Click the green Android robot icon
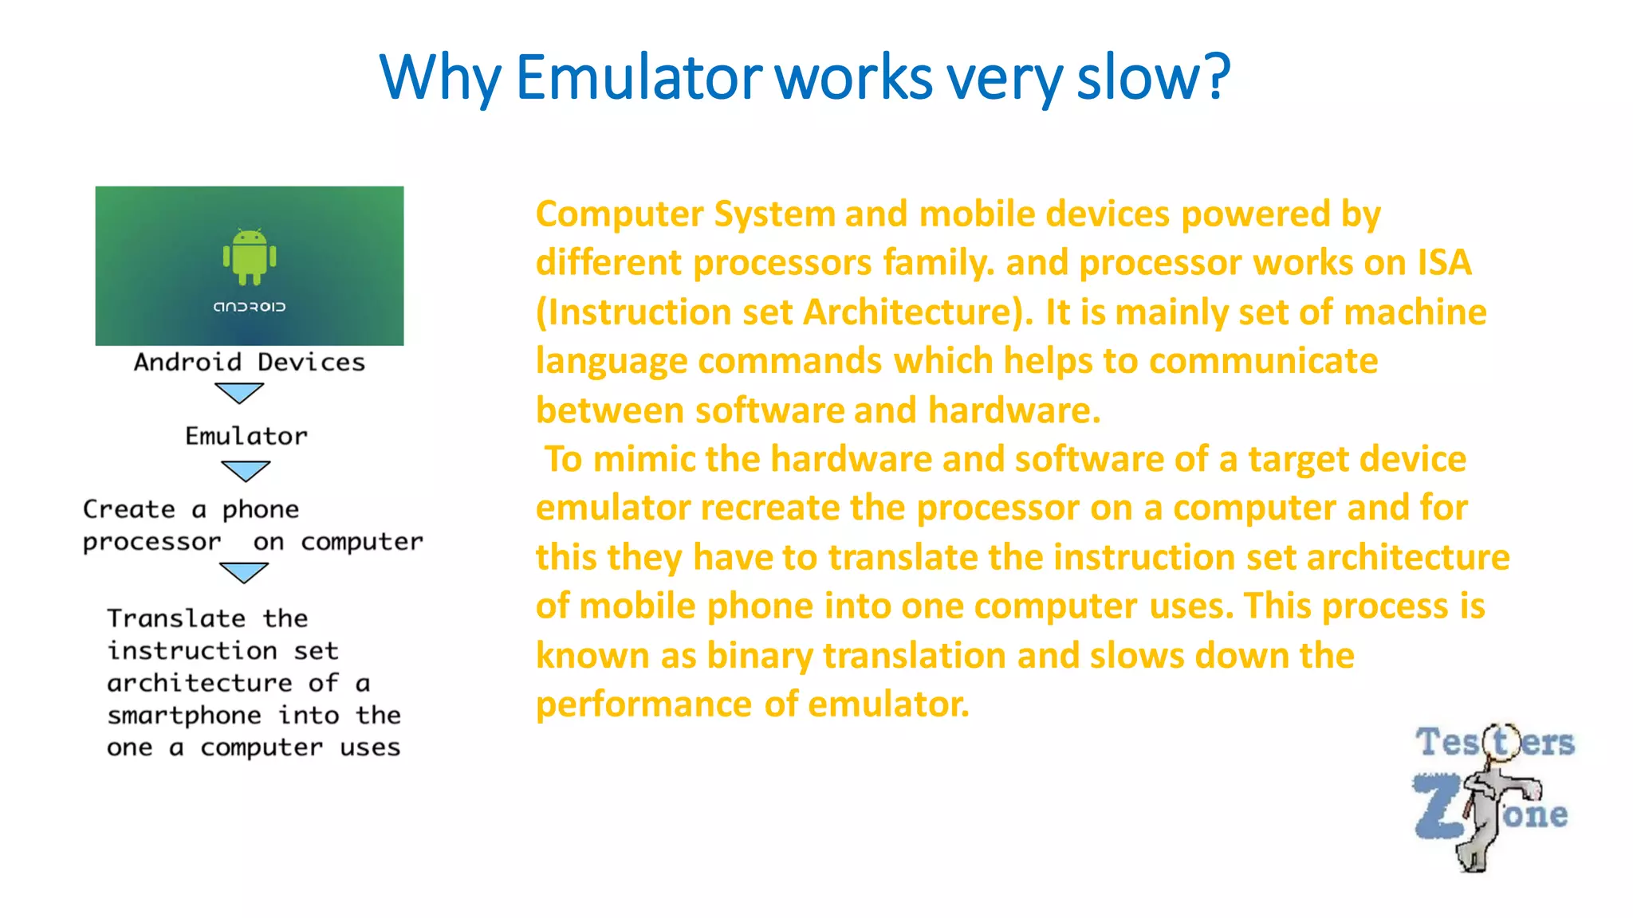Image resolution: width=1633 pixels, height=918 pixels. tap(250, 256)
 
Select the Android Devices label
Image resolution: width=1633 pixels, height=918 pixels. tap(249, 363)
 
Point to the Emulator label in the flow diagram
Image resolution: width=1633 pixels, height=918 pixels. tap(246, 436)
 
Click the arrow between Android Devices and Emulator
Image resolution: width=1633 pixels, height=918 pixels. tap(239, 393)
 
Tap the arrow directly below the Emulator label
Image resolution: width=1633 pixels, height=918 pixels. tap(246, 471)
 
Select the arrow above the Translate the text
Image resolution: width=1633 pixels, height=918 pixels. tap(244, 572)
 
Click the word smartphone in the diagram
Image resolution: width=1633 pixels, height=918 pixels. tap(184, 716)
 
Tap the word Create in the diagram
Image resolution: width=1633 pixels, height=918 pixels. tap(129, 509)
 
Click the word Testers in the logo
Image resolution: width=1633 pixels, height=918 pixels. tap(1494, 743)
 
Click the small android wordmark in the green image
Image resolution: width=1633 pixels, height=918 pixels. tap(249, 307)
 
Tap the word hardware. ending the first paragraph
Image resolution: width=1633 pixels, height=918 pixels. tap(1014, 411)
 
